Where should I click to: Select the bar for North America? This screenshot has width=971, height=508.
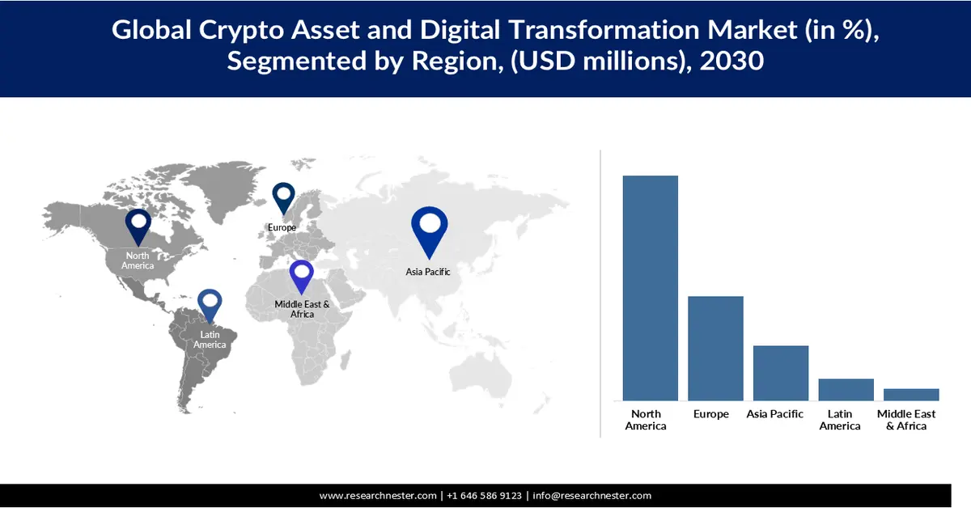(650, 288)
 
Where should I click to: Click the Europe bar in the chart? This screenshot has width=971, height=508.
(715, 348)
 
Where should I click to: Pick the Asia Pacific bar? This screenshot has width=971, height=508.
(781, 373)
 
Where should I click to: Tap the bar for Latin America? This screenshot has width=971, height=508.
(846, 389)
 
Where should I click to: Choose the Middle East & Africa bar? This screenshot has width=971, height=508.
(911, 395)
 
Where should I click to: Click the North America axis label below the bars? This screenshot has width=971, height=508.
(646, 420)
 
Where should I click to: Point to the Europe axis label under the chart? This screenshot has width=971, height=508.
(711, 414)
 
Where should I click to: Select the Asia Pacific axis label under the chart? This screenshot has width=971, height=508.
(775, 414)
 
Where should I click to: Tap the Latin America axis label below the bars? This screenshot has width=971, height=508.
(840, 420)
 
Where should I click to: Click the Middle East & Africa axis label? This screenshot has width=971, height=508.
(906, 420)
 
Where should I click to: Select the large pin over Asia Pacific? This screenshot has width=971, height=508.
(429, 231)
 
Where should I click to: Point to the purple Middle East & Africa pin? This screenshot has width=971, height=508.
(302, 275)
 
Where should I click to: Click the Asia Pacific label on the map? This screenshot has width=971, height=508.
(428, 272)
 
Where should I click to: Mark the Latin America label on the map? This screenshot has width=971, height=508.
(210, 340)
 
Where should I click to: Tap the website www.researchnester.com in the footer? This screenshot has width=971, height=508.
(379, 495)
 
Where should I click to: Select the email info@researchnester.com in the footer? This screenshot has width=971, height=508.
(592, 495)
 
